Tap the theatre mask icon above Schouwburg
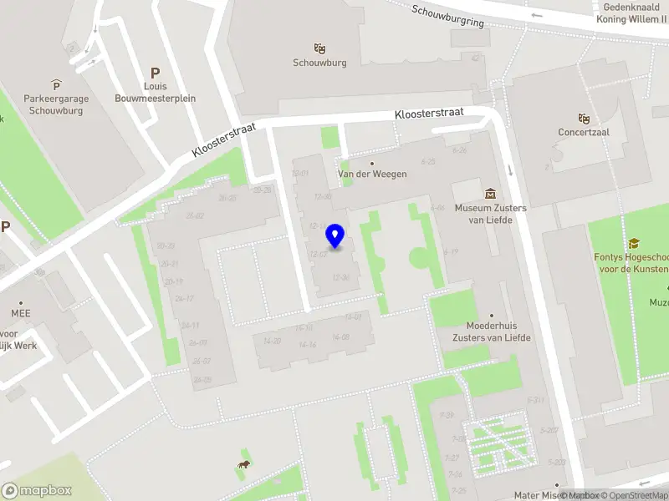[319, 48]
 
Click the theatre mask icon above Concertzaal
[584, 119]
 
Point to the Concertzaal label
[584, 133]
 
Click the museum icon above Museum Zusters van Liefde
[490, 194]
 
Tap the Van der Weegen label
[372, 174]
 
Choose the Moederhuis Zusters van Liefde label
[492, 331]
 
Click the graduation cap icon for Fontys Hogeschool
[635, 243]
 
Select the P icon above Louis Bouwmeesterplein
[155, 73]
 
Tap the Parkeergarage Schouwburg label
[55, 104]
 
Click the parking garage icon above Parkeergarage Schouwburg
[56, 84]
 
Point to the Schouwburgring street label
[448, 16]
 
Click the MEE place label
[21, 313]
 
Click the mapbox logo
[37, 490]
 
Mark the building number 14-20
[272, 341]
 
